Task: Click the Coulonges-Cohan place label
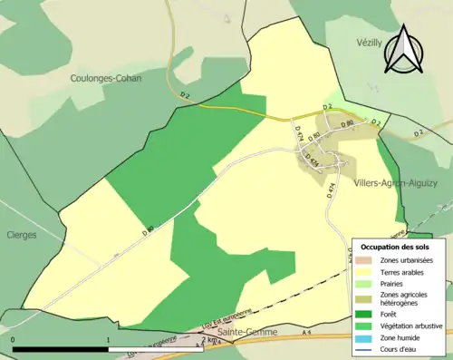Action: point(107,79)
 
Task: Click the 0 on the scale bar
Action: point(14,340)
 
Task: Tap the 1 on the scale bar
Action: point(109,340)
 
